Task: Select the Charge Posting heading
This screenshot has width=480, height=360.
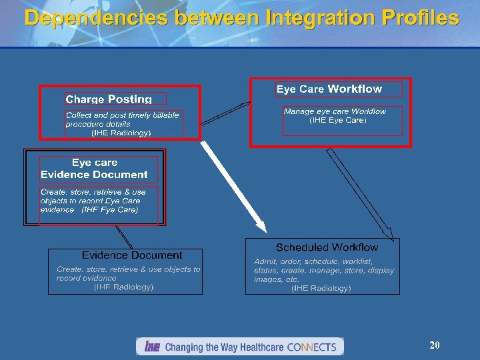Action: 109,99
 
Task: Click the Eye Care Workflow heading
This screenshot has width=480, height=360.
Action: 329,89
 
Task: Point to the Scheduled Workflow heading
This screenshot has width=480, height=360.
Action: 327,247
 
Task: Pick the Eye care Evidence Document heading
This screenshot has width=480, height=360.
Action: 94,169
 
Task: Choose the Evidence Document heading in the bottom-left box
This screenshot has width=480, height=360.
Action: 132,255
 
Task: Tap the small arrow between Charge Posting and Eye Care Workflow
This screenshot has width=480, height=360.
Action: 225,113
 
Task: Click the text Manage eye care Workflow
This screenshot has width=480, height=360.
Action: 335,111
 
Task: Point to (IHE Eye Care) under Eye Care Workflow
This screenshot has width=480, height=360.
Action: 338,121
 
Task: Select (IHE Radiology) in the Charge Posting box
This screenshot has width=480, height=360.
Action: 121,133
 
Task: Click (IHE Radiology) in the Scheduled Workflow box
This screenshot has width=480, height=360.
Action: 321,288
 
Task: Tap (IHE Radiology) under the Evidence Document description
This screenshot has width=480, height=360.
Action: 124,287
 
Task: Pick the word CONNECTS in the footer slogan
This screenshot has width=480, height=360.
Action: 311,347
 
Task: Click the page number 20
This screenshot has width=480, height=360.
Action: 435,345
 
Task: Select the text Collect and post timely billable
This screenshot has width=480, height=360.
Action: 122,115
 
